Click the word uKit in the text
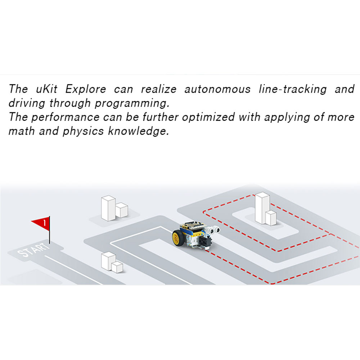tap(46, 89)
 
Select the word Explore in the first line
tap(86, 89)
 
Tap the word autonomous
tap(217, 89)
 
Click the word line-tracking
tap(292, 89)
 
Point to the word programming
tap(132, 103)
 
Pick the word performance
tap(66, 117)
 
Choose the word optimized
tap(208, 117)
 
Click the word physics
tap(83, 131)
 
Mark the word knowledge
tap(139, 131)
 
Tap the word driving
tap(27, 103)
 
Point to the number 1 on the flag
tap(45, 223)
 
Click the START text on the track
tap(33, 250)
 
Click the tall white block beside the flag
tap(108, 208)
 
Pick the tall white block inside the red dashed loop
tap(262, 208)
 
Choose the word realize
tap(159, 89)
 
